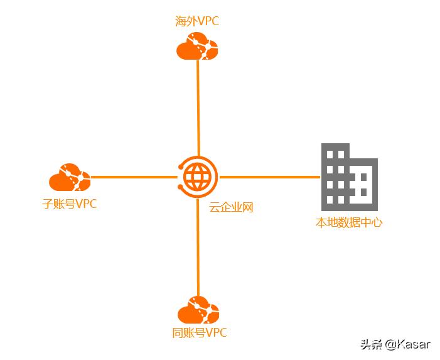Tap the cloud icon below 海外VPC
(197, 48)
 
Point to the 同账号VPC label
(200, 333)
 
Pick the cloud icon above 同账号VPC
(198, 310)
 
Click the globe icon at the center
(198, 177)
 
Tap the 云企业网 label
(231, 207)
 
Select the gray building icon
(349, 177)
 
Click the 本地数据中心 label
(349, 222)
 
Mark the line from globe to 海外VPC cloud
(198, 107)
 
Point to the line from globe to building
(270, 177)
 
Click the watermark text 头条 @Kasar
(395, 344)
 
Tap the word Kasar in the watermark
(415, 344)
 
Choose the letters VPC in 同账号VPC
(216, 333)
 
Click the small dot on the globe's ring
(181, 167)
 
